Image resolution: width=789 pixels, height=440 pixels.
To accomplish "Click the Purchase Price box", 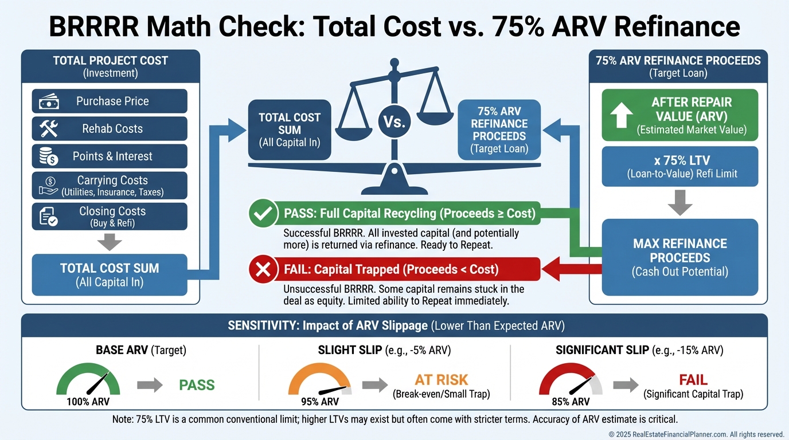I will (x=109, y=101).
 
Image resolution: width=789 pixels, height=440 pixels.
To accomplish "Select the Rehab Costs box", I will (x=109, y=129).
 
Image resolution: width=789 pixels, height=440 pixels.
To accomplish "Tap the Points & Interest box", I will (x=109, y=156).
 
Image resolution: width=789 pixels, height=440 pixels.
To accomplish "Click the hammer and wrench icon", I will (x=48, y=129).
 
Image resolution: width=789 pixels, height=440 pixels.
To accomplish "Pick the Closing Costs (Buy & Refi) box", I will (x=109, y=217).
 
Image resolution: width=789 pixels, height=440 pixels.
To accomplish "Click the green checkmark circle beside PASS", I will (x=263, y=214).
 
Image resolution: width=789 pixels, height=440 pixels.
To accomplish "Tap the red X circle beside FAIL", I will (x=263, y=269).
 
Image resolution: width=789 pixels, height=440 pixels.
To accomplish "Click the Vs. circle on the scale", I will (x=394, y=122).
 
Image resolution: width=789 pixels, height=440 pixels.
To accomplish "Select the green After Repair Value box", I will (x=680, y=115).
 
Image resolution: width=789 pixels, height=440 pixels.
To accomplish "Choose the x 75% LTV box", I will (x=680, y=167).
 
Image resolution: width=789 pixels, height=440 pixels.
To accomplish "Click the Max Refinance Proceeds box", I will (x=680, y=257).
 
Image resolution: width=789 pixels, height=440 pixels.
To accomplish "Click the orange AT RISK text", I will (x=441, y=379).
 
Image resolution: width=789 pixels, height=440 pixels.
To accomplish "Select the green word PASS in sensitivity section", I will (x=197, y=384).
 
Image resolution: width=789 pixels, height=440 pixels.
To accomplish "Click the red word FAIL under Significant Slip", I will (x=693, y=380).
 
